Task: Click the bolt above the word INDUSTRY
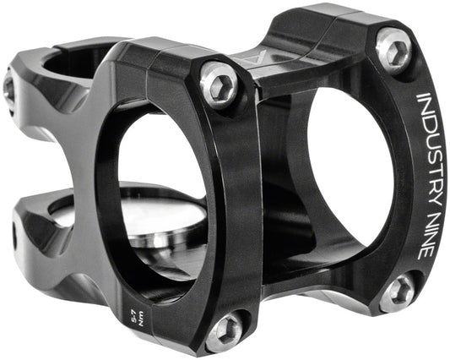(x=392, y=48)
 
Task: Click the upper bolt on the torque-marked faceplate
(x=219, y=85)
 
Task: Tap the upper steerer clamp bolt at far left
(x=8, y=86)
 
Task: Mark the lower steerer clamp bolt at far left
(x=14, y=237)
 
